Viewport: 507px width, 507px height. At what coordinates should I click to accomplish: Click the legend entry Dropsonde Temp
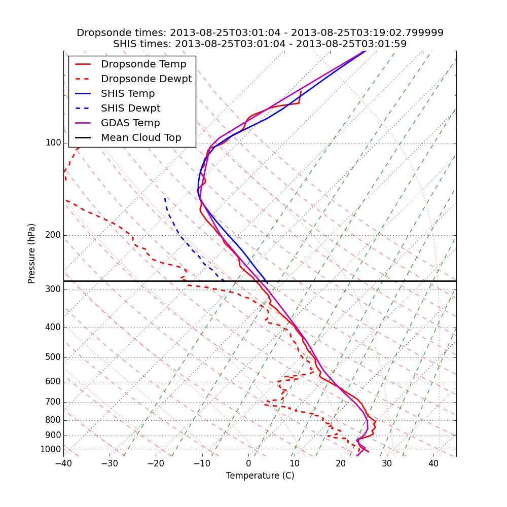pyautogui.click(x=143, y=64)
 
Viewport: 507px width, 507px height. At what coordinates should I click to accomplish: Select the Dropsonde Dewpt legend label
pyautogui.click(x=146, y=79)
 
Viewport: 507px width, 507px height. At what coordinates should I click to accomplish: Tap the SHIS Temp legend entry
pyautogui.click(x=128, y=94)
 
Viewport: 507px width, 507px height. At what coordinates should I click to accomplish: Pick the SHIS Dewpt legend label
pyautogui.click(x=130, y=108)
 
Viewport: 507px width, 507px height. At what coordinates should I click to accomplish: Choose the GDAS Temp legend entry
pyautogui.click(x=130, y=123)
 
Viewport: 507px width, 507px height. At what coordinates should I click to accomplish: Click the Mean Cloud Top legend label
pyautogui.click(x=141, y=138)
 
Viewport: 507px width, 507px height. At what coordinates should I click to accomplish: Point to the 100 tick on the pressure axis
pyautogui.click(x=53, y=143)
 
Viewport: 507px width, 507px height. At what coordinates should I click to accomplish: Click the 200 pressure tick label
pyautogui.click(x=53, y=235)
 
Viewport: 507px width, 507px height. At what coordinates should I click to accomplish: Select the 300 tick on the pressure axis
pyautogui.click(x=53, y=289)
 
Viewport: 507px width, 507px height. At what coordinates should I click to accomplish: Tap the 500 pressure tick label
pyautogui.click(x=53, y=357)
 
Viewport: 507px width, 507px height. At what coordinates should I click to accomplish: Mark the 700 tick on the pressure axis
pyautogui.click(x=53, y=402)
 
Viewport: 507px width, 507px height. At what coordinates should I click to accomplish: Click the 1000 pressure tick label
pyautogui.click(x=51, y=450)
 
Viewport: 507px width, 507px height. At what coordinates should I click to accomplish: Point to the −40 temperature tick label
pyautogui.click(x=63, y=463)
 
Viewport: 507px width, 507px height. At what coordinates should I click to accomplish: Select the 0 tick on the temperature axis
pyautogui.click(x=248, y=463)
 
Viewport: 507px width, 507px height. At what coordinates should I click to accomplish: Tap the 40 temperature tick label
pyautogui.click(x=433, y=463)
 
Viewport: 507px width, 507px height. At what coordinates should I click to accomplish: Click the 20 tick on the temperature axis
pyautogui.click(x=341, y=463)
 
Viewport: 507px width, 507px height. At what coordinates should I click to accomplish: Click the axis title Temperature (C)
pyautogui.click(x=260, y=476)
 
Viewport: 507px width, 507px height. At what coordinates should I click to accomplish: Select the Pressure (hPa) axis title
pyautogui.click(x=32, y=253)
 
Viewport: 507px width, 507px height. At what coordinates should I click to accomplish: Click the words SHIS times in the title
pyautogui.click(x=141, y=44)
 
